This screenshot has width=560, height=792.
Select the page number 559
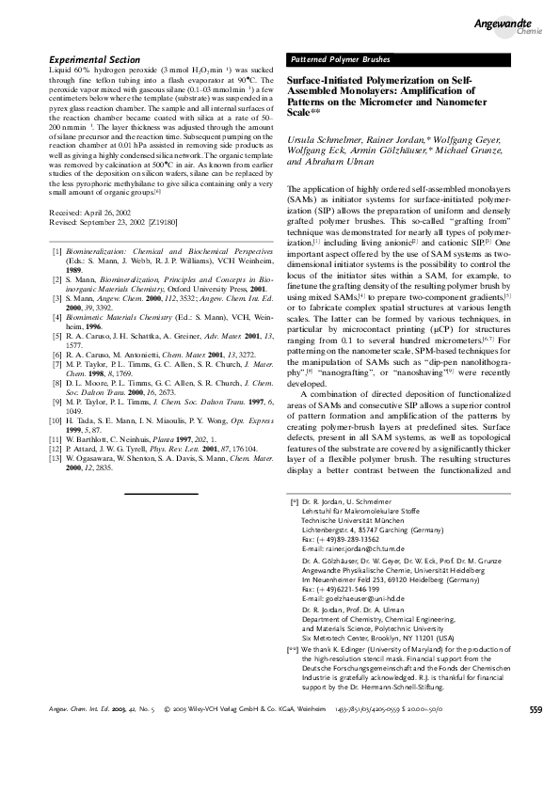point(536,761)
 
